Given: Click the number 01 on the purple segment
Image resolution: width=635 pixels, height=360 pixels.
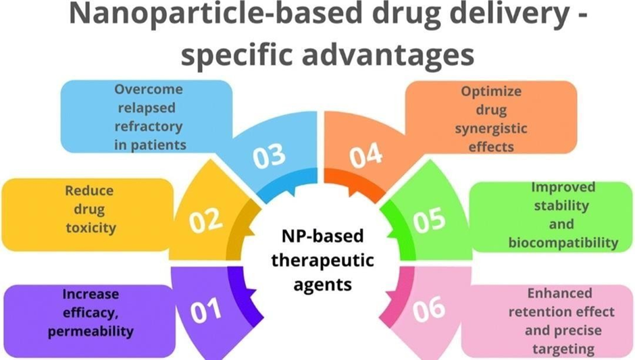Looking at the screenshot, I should [x=205, y=311].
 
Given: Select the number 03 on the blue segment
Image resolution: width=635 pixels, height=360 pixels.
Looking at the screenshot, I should [x=270, y=157].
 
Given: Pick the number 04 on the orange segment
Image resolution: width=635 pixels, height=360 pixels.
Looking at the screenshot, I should [x=365, y=157].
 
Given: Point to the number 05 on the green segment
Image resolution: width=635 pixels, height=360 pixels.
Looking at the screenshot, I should [x=429, y=220].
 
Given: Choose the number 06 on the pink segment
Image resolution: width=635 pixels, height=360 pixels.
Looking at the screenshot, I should [x=428, y=309].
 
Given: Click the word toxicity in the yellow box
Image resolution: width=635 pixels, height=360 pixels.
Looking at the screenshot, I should [x=91, y=228].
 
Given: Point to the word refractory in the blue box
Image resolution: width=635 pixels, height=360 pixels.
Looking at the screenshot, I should [x=148, y=126].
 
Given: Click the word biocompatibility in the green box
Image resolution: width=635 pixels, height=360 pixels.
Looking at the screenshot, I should [x=562, y=242].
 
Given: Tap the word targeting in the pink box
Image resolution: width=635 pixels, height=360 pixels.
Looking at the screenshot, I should [x=561, y=349].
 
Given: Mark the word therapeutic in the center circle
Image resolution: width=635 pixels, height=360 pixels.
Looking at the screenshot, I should [x=324, y=261].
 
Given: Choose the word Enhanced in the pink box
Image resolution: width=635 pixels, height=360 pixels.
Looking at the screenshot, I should [x=561, y=294].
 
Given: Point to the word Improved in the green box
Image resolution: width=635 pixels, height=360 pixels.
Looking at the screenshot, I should [x=563, y=187].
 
